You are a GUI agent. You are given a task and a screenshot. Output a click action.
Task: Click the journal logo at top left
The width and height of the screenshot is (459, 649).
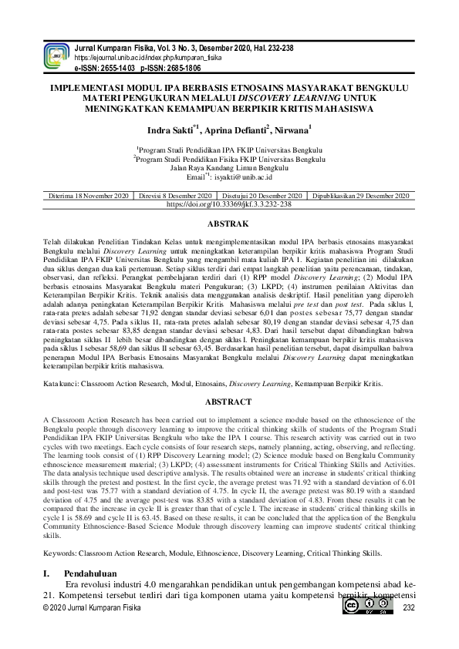56,55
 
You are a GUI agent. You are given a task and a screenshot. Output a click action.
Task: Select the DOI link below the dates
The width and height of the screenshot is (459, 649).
228,206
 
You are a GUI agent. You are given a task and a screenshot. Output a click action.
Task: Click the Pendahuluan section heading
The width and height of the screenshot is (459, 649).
90,573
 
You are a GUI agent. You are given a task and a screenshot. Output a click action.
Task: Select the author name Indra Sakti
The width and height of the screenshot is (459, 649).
174,130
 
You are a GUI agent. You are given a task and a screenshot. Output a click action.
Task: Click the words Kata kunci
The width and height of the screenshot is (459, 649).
62,382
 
